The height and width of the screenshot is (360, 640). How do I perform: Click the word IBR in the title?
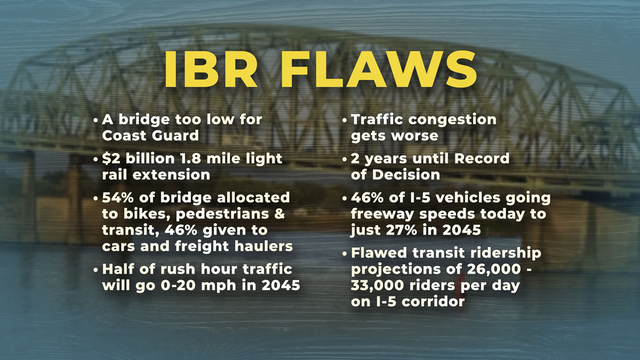(x=211, y=69)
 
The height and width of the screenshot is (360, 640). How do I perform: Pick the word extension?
(x=171, y=175)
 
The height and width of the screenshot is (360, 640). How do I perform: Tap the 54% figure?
(x=118, y=198)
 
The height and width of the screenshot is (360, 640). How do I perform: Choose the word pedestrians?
(x=222, y=214)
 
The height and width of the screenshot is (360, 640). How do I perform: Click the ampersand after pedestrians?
(x=279, y=214)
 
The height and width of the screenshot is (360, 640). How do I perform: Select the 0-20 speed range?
(x=178, y=285)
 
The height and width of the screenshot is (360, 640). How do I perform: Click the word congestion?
(x=452, y=120)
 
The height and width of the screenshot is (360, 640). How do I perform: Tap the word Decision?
(x=406, y=175)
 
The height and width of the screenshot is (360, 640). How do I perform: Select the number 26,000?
(x=493, y=269)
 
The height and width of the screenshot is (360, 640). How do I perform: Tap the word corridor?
(x=433, y=302)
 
